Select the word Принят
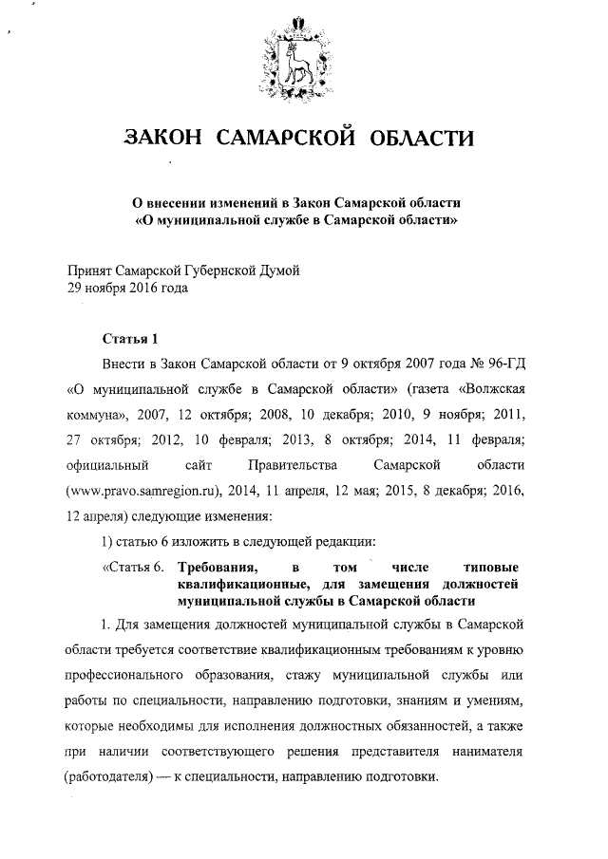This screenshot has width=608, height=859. tap(92, 271)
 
